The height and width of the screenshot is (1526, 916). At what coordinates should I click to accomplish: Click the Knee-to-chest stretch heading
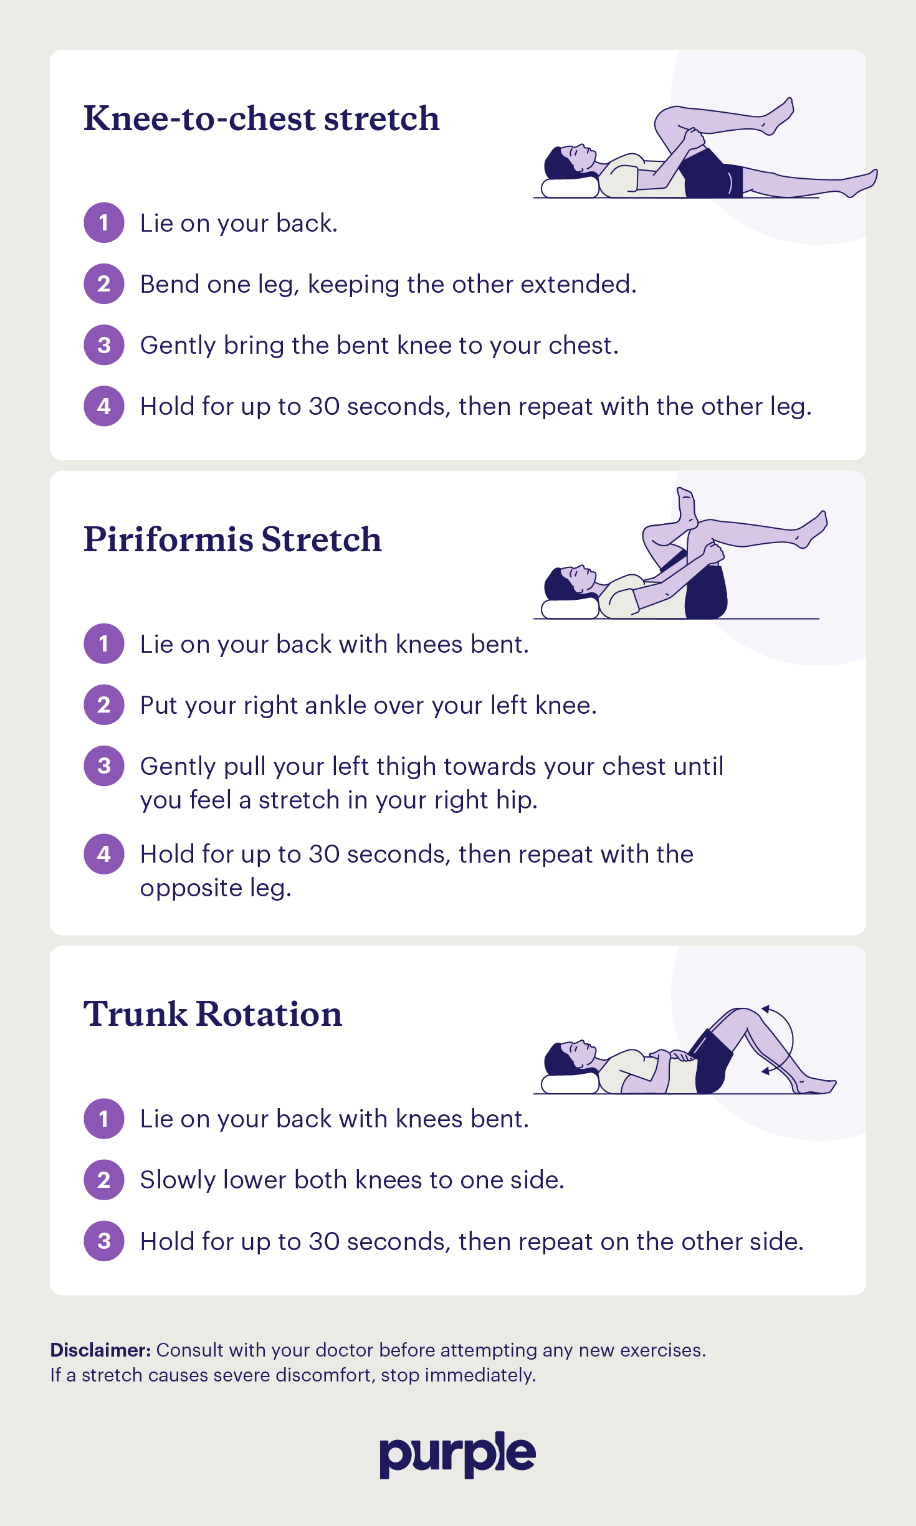(x=261, y=118)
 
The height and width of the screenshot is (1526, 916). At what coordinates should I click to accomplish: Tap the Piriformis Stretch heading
(x=232, y=539)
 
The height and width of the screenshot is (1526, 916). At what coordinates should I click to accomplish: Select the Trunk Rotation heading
(x=212, y=1014)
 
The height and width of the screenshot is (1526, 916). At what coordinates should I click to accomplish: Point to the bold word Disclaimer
(x=100, y=1350)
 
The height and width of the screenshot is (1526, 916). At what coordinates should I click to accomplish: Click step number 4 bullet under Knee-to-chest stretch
(x=104, y=406)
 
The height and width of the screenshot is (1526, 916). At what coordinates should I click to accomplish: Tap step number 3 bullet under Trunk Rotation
(x=104, y=1241)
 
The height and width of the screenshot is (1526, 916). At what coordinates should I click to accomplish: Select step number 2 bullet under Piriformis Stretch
(x=104, y=704)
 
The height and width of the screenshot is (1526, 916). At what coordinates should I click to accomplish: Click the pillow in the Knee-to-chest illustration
(x=569, y=187)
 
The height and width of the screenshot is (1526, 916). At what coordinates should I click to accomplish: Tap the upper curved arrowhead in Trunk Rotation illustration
(x=766, y=1008)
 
